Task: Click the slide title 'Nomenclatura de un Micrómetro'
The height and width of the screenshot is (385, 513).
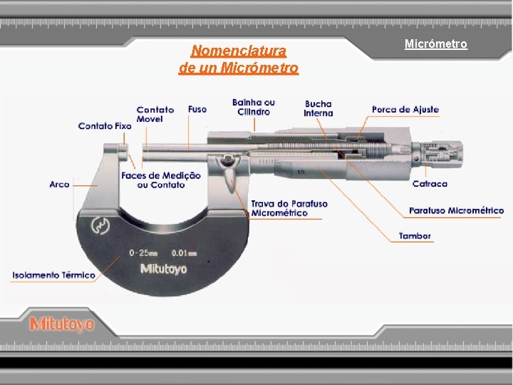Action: coord(239,60)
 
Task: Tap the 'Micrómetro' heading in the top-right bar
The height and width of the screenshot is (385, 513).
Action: coord(436,44)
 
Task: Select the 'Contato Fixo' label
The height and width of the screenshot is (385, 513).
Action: coord(105,126)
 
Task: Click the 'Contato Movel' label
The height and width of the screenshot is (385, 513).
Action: coord(155,114)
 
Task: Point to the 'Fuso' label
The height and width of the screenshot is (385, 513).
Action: coord(197,109)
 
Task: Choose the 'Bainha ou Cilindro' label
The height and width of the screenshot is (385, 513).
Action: coord(254,107)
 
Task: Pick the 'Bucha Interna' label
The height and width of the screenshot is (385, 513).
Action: coord(318,108)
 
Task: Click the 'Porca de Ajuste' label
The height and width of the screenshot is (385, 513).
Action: coord(405,110)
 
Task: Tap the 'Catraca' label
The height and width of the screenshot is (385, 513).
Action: coord(430,184)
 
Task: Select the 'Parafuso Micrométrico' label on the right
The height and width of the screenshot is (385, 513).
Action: coord(457,211)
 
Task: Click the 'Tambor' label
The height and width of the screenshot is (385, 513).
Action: coord(415,236)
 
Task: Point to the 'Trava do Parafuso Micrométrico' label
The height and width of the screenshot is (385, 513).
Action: coord(290,208)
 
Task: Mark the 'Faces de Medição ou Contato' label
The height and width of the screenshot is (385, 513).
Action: coord(161,180)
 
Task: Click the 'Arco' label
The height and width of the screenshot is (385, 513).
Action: coord(60,184)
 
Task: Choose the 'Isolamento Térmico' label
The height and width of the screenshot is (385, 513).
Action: coord(53,275)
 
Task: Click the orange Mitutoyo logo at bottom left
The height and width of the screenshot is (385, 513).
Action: coord(62,324)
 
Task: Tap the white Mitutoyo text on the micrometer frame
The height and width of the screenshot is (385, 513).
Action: coord(163,269)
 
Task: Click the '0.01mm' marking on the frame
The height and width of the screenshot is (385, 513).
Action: coord(184,252)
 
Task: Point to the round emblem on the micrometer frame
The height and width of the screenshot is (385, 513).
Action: coord(100,227)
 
